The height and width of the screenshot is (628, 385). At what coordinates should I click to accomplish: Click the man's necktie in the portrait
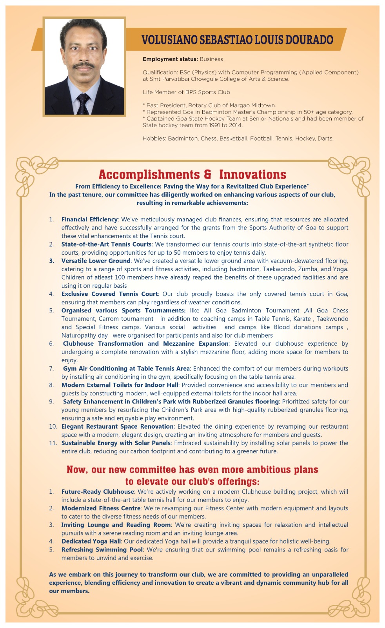(x=83, y=102)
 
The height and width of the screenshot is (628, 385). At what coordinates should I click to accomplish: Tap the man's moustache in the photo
(x=83, y=65)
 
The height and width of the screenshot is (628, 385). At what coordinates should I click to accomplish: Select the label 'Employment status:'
(x=170, y=59)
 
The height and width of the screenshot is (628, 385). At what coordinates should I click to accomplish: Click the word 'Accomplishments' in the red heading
(x=149, y=174)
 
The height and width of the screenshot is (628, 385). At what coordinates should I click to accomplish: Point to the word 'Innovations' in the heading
(x=252, y=174)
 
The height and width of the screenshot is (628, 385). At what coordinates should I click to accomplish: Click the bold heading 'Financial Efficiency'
(x=89, y=219)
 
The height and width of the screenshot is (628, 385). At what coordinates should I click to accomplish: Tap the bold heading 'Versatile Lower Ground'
(x=96, y=261)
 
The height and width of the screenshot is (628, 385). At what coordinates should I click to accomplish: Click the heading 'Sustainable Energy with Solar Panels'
(x=116, y=443)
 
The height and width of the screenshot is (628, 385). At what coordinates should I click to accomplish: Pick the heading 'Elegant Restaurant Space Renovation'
(x=117, y=426)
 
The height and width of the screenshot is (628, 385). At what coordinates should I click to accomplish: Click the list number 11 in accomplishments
(x=53, y=443)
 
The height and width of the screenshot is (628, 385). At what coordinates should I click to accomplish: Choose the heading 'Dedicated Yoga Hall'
(x=91, y=541)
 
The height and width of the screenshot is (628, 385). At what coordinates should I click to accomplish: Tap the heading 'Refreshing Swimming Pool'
(x=102, y=549)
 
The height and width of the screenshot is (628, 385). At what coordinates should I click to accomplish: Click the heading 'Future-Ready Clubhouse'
(x=98, y=491)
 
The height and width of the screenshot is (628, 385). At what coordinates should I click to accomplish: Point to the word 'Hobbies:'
(x=154, y=139)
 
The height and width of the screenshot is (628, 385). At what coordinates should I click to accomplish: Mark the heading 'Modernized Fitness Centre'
(x=101, y=508)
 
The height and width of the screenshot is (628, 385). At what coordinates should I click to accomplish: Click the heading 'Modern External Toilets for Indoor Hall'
(x=120, y=385)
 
